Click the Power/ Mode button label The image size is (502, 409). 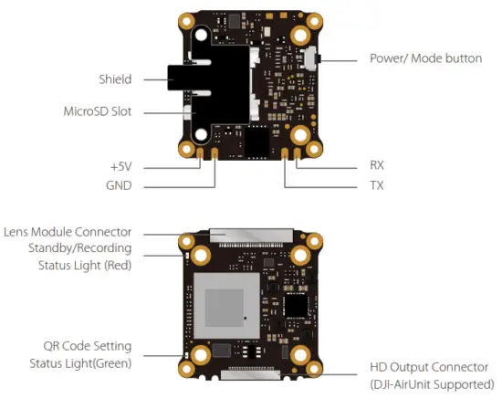tap(425, 58)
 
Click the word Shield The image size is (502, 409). tap(117, 79)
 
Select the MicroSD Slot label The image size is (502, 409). tap(99, 112)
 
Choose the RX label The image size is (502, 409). tap(377, 166)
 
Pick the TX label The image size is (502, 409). tap(376, 185)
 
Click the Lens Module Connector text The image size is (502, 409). tap(68, 232)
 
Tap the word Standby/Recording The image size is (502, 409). tap(79, 248)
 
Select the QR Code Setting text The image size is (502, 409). tap(88, 346)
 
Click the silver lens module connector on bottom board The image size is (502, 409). tap(250, 234)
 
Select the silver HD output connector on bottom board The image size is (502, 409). tap(250, 372)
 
